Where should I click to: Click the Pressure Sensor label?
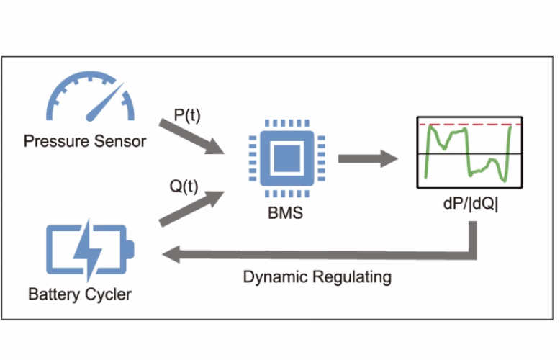(x=85, y=141)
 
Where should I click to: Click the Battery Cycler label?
(x=81, y=294)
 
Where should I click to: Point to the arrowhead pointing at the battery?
(x=173, y=254)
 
